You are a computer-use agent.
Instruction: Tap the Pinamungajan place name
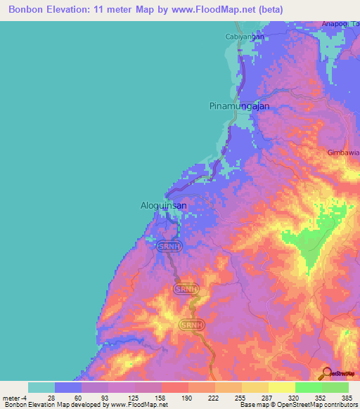click(240, 106)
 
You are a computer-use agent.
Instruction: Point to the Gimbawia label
click(343, 152)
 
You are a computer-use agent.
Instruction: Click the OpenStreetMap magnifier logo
click(327, 374)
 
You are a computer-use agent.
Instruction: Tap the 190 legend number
click(187, 397)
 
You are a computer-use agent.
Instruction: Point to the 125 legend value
click(134, 397)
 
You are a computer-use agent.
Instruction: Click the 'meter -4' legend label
click(15, 397)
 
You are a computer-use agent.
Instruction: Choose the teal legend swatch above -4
click(41, 387)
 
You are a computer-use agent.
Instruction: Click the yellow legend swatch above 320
click(281, 387)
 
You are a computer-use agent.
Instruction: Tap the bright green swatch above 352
click(308, 387)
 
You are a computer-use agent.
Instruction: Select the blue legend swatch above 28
click(68, 387)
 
